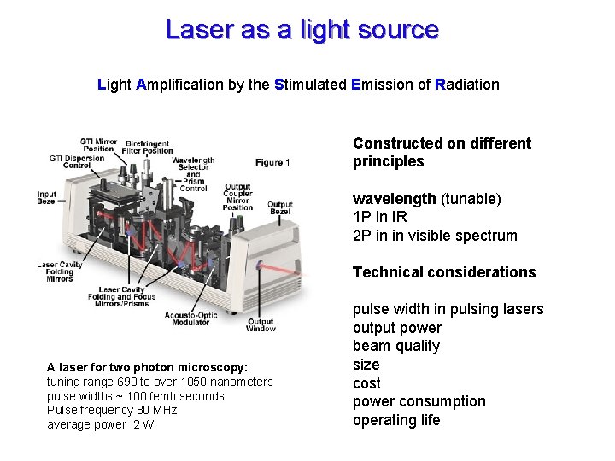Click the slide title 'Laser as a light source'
click(302, 30)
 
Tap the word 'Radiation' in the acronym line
click(467, 85)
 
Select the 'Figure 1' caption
click(272, 162)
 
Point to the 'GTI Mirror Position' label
click(98, 144)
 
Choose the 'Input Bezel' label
click(46, 198)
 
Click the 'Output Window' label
click(261, 324)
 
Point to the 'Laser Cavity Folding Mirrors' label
click(59, 271)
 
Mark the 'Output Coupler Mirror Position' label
click(237, 196)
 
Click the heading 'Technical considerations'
click(444, 272)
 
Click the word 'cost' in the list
click(366, 383)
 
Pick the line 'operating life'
click(396, 420)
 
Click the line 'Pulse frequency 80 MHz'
click(111, 410)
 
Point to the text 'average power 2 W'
click(100, 424)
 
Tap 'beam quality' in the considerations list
click(396, 346)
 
